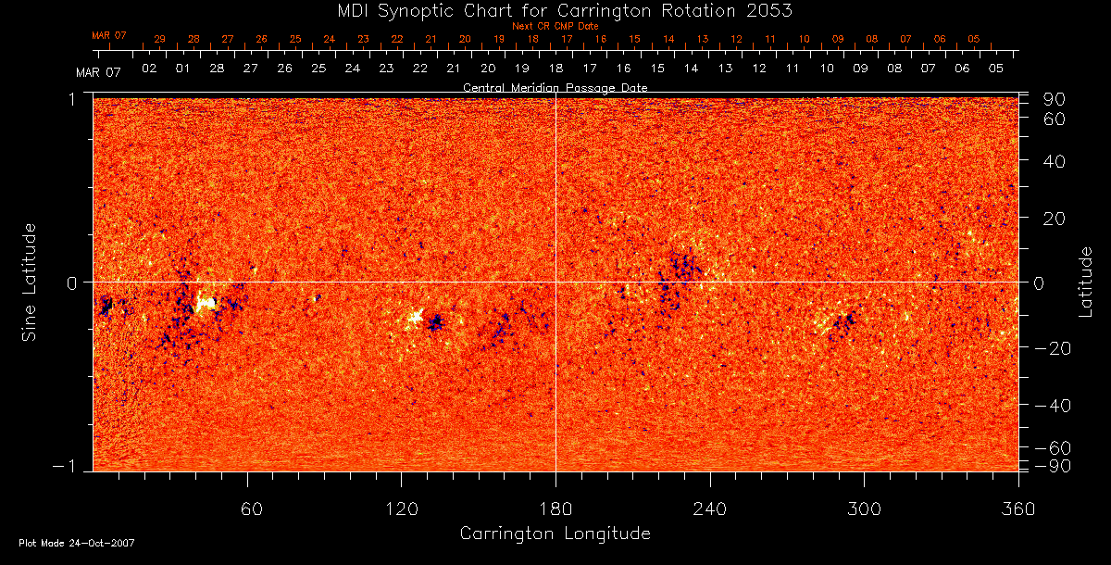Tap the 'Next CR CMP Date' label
point(555,26)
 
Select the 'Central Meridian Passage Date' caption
point(555,87)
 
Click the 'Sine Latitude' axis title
point(30,282)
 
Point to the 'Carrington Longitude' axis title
point(555,534)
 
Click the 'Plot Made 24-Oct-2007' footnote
point(77,543)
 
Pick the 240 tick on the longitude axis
point(710,508)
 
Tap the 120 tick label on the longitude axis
point(401,508)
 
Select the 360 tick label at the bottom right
point(1017,508)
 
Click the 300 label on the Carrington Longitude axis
point(864,508)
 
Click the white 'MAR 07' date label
point(98,71)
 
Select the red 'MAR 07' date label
point(108,35)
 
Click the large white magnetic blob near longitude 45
point(205,302)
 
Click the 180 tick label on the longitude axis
point(555,508)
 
